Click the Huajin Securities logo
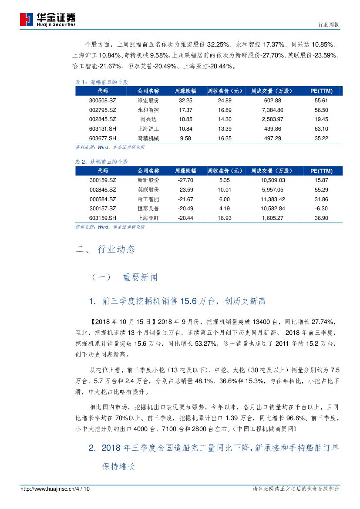click(48, 19)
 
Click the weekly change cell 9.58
click(185, 138)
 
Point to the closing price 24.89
click(225, 100)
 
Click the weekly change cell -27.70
click(185, 180)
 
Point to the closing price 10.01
click(225, 189)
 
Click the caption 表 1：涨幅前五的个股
click(102, 82)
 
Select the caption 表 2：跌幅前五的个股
click(102, 162)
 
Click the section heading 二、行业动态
click(105, 249)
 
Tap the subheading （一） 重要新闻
click(124, 277)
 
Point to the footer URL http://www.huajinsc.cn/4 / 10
click(55, 489)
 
